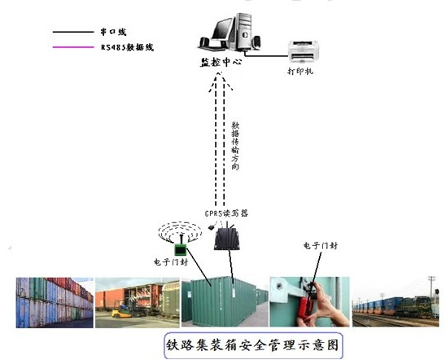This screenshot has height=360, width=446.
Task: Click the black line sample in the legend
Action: (x=73, y=32)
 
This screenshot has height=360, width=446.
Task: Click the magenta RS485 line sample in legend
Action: (x=73, y=47)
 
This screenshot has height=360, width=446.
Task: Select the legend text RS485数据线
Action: (x=127, y=47)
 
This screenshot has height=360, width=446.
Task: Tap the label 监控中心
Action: (x=221, y=62)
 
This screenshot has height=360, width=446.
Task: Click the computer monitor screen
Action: (x=222, y=29)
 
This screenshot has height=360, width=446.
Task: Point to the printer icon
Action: (x=303, y=51)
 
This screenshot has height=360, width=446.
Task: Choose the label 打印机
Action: (x=300, y=71)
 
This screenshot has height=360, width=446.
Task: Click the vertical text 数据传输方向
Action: (x=235, y=146)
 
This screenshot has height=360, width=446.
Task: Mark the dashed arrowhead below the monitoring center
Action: (x=221, y=81)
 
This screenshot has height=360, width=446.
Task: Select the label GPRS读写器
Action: (x=226, y=213)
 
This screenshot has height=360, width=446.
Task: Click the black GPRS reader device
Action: (x=227, y=239)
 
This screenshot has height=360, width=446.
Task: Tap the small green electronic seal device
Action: (x=181, y=249)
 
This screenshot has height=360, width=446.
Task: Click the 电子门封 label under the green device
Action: (x=171, y=262)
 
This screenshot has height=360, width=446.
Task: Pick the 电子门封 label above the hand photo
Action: (x=321, y=246)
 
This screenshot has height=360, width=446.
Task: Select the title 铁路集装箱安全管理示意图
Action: (x=253, y=345)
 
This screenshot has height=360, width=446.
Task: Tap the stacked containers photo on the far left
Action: (x=55, y=302)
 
